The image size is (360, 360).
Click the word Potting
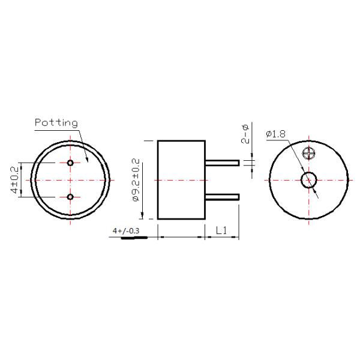(56, 123)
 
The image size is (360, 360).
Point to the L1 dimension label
(221, 230)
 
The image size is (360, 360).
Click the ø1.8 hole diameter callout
(275, 133)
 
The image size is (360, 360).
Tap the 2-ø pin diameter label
(245, 134)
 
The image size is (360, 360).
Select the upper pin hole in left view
(71, 163)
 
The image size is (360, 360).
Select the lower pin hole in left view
(71, 197)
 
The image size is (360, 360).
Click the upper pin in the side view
(222, 163)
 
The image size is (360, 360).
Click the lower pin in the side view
(222, 197)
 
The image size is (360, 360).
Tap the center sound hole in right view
(310, 179)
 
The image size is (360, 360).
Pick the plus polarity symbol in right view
(310, 153)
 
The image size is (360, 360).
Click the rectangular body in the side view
(181, 179)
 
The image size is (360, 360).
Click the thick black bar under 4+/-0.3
(134, 238)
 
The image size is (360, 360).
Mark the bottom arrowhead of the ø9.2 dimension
(145, 217)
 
